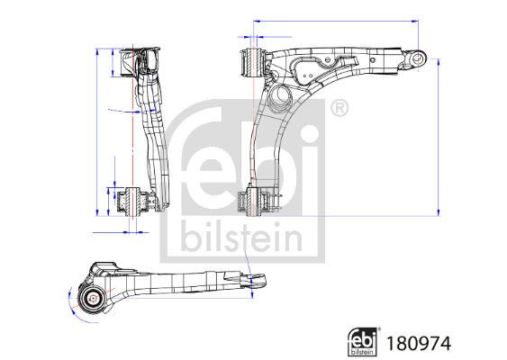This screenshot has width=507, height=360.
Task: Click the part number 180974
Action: (418, 342)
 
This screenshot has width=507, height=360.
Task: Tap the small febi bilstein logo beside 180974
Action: (362, 340)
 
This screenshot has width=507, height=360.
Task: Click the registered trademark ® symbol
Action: (338, 109)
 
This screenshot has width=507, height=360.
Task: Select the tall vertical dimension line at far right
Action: (439, 135)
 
